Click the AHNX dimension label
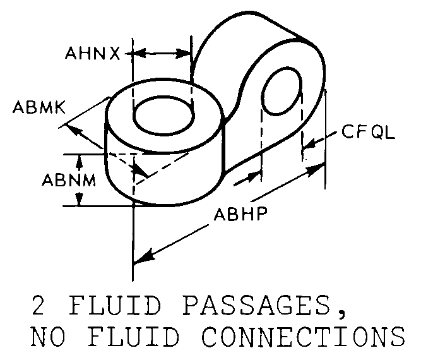[x=93, y=53]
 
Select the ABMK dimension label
[x=39, y=107]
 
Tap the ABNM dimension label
[x=69, y=180]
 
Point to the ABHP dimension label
[x=241, y=214]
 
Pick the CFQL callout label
[x=368, y=132]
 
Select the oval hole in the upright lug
[x=282, y=91]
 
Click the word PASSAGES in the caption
[x=256, y=306]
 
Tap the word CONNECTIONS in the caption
[x=303, y=336]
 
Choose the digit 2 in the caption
[x=38, y=306]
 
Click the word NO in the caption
[x=48, y=336]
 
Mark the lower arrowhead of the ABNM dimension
[x=79, y=200]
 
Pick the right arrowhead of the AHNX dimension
[x=184, y=54]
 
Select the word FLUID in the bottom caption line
[x=133, y=336]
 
